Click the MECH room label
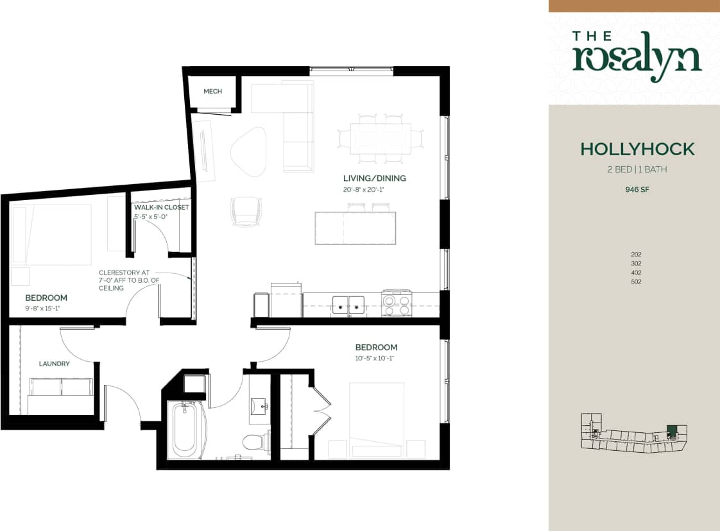(x=212, y=92)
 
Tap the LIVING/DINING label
(x=375, y=178)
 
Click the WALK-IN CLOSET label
(x=161, y=207)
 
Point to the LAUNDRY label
(x=54, y=364)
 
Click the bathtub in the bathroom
(x=184, y=428)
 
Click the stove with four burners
(x=396, y=303)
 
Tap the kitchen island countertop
(x=355, y=228)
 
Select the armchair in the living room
(x=246, y=211)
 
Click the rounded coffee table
(x=248, y=151)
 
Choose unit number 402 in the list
(x=636, y=273)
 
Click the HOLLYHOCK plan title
(x=637, y=149)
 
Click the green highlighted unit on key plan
(x=671, y=430)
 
